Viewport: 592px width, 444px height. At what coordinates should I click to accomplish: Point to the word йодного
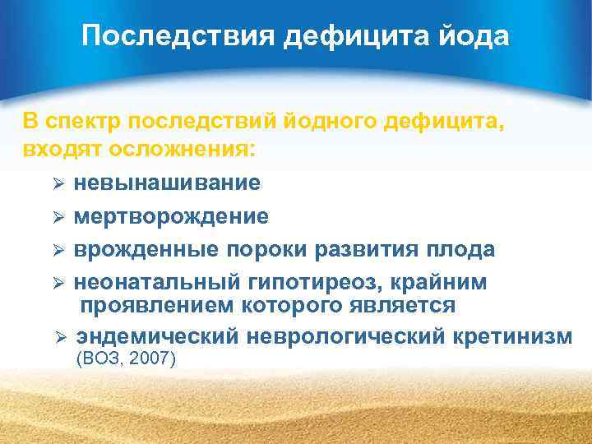tap(323, 123)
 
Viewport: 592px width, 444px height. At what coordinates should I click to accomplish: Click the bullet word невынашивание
tap(167, 183)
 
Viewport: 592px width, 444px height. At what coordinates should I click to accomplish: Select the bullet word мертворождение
tap(171, 216)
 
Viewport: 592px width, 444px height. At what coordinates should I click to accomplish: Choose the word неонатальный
tap(155, 282)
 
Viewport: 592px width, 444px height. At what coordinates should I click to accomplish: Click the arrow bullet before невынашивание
tap(58, 183)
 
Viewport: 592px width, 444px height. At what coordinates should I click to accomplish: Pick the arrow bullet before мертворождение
tap(58, 217)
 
